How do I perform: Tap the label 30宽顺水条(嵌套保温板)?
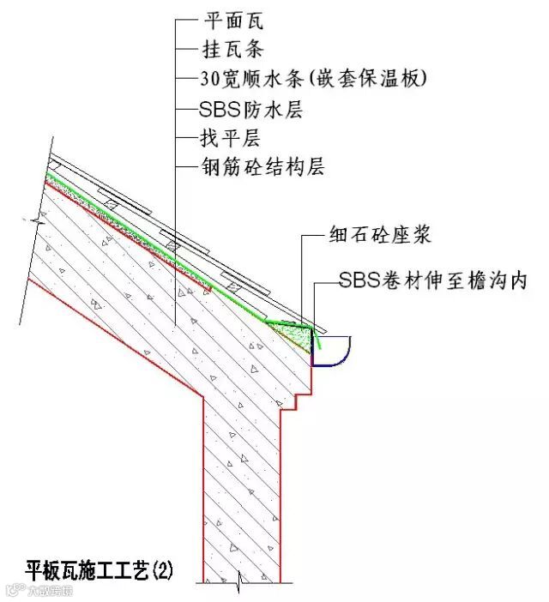[x=313, y=79]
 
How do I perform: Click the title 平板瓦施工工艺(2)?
[x=100, y=569]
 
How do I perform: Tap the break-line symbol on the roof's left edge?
[x=37, y=221]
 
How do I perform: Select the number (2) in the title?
[x=163, y=569]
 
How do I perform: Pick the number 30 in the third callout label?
[x=210, y=79]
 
